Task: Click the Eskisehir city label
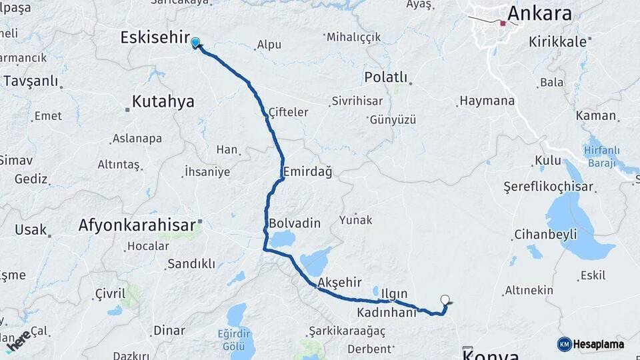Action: click(x=155, y=38)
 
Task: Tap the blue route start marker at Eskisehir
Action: click(x=195, y=43)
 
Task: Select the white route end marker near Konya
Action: click(x=445, y=300)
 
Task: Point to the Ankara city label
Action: click(x=539, y=14)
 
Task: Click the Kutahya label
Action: click(x=163, y=101)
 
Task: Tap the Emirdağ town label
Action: click(x=307, y=171)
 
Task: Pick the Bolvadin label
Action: click(x=295, y=223)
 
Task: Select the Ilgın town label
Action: click(x=394, y=293)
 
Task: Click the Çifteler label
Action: click(x=288, y=112)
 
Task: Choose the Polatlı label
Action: click(x=385, y=77)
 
